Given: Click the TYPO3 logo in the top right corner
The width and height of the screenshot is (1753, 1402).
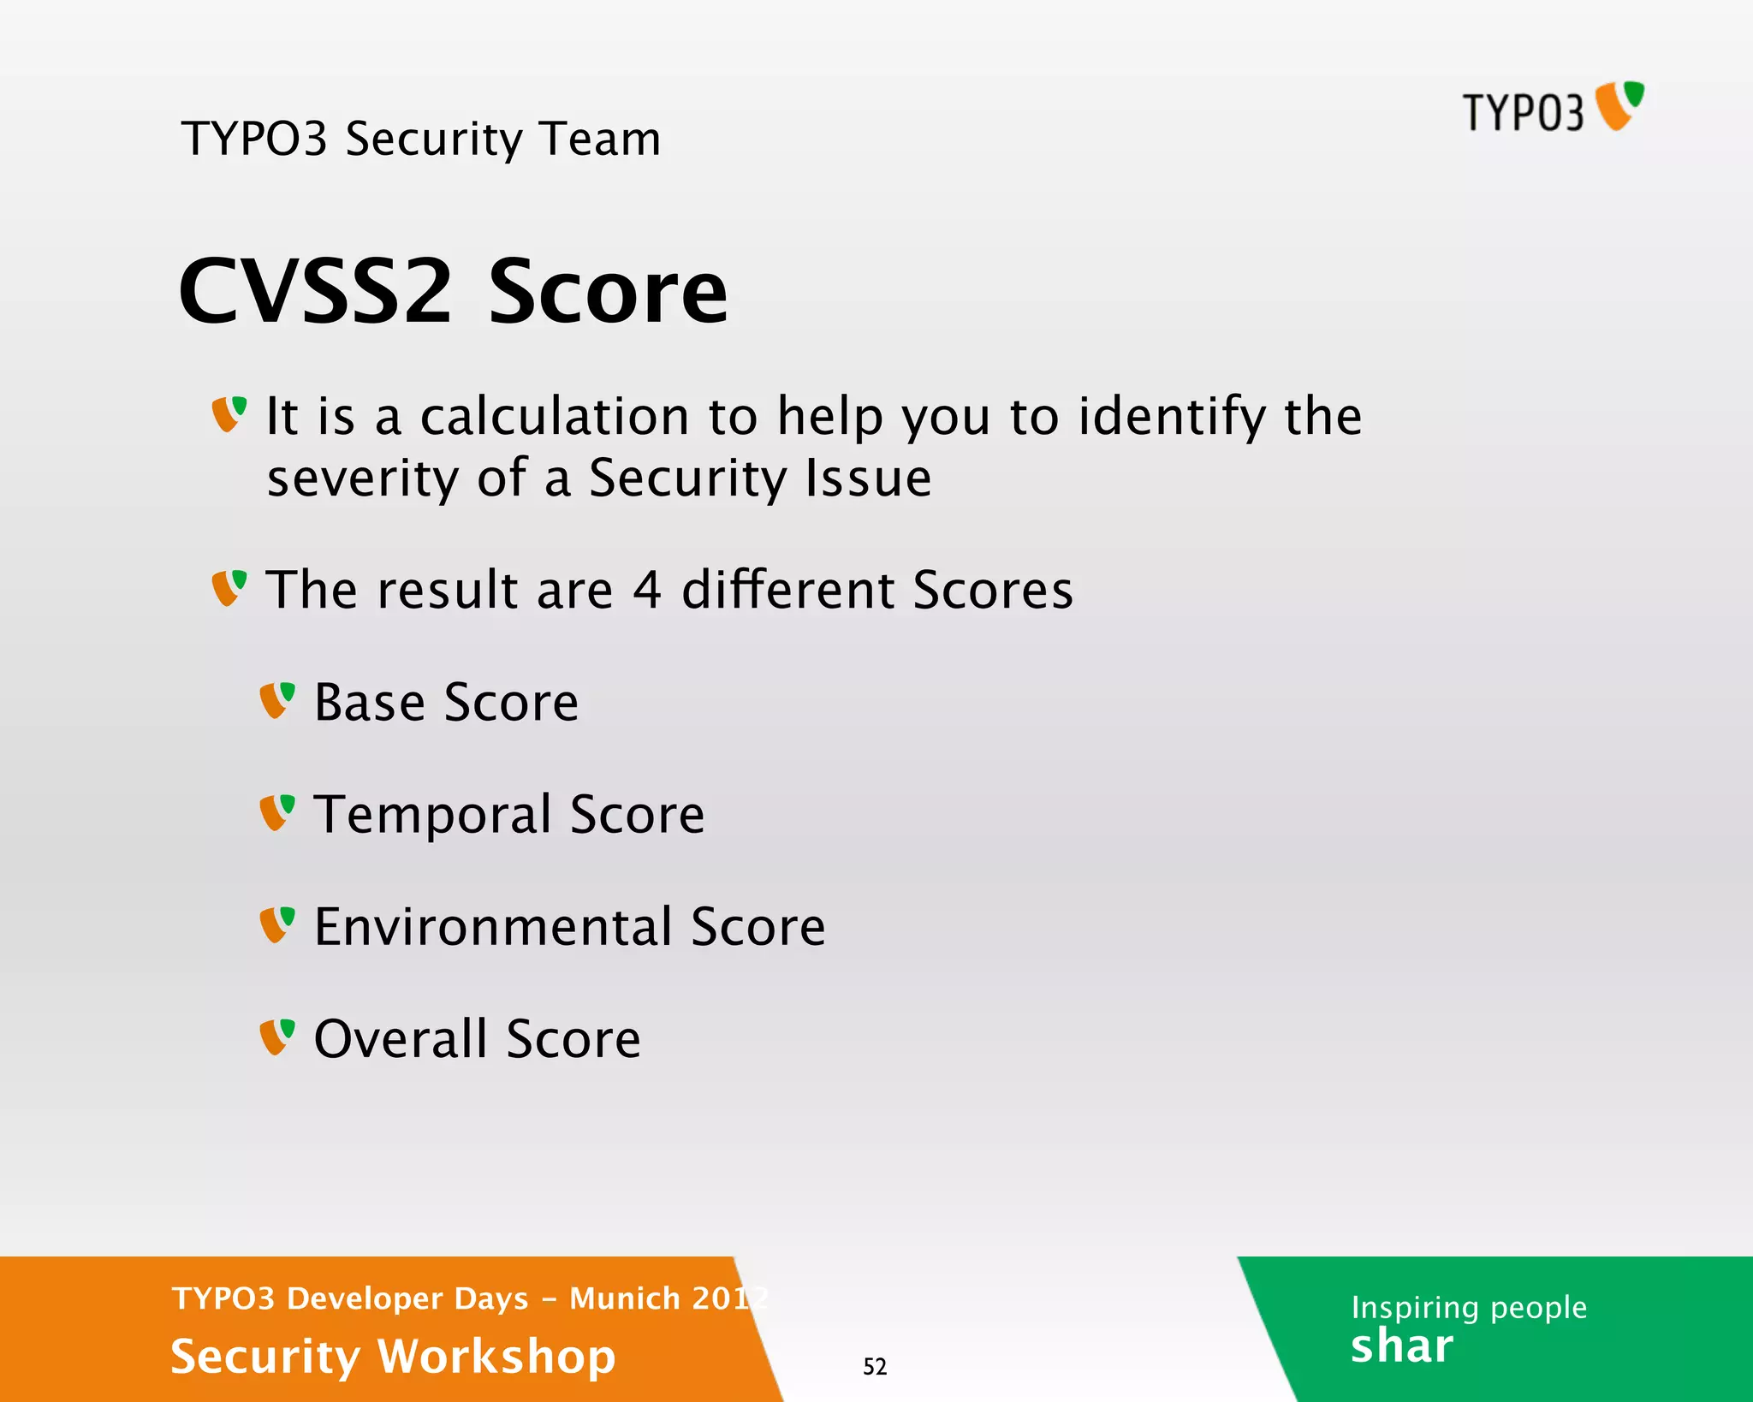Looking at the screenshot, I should click(x=1552, y=109).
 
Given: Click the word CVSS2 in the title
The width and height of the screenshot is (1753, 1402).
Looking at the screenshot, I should click(x=314, y=292).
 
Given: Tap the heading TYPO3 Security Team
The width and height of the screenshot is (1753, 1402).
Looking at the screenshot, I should click(x=421, y=139).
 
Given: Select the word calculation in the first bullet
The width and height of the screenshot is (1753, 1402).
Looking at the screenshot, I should click(x=555, y=417).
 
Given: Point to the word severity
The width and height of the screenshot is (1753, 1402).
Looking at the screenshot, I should click(x=362, y=478).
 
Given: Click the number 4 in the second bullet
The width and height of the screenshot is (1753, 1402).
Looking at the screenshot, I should click(x=647, y=590).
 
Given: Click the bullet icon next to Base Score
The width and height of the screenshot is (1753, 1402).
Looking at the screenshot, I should click(x=277, y=700).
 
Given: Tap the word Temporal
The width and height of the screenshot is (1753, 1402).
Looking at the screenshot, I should click(x=432, y=814).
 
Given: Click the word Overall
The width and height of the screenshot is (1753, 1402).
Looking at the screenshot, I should click(x=401, y=1038).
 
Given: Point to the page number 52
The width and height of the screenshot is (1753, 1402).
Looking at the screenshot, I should click(x=875, y=1367).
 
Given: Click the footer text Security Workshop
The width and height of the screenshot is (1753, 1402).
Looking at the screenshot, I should click(x=393, y=1357).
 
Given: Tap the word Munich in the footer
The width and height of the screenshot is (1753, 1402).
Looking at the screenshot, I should click(x=625, y=1298).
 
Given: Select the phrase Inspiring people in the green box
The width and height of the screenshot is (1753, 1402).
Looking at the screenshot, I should click(x=1469, y=1307).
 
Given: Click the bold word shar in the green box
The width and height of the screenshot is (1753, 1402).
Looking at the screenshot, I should click(x=1401, y=1346).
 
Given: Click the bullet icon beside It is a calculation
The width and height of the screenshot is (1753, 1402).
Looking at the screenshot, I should click(x=229, y=414).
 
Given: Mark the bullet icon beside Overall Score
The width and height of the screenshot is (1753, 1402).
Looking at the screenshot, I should click(x=277, y=1037).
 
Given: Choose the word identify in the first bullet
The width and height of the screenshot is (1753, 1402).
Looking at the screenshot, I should click(x=1171, y=417).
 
